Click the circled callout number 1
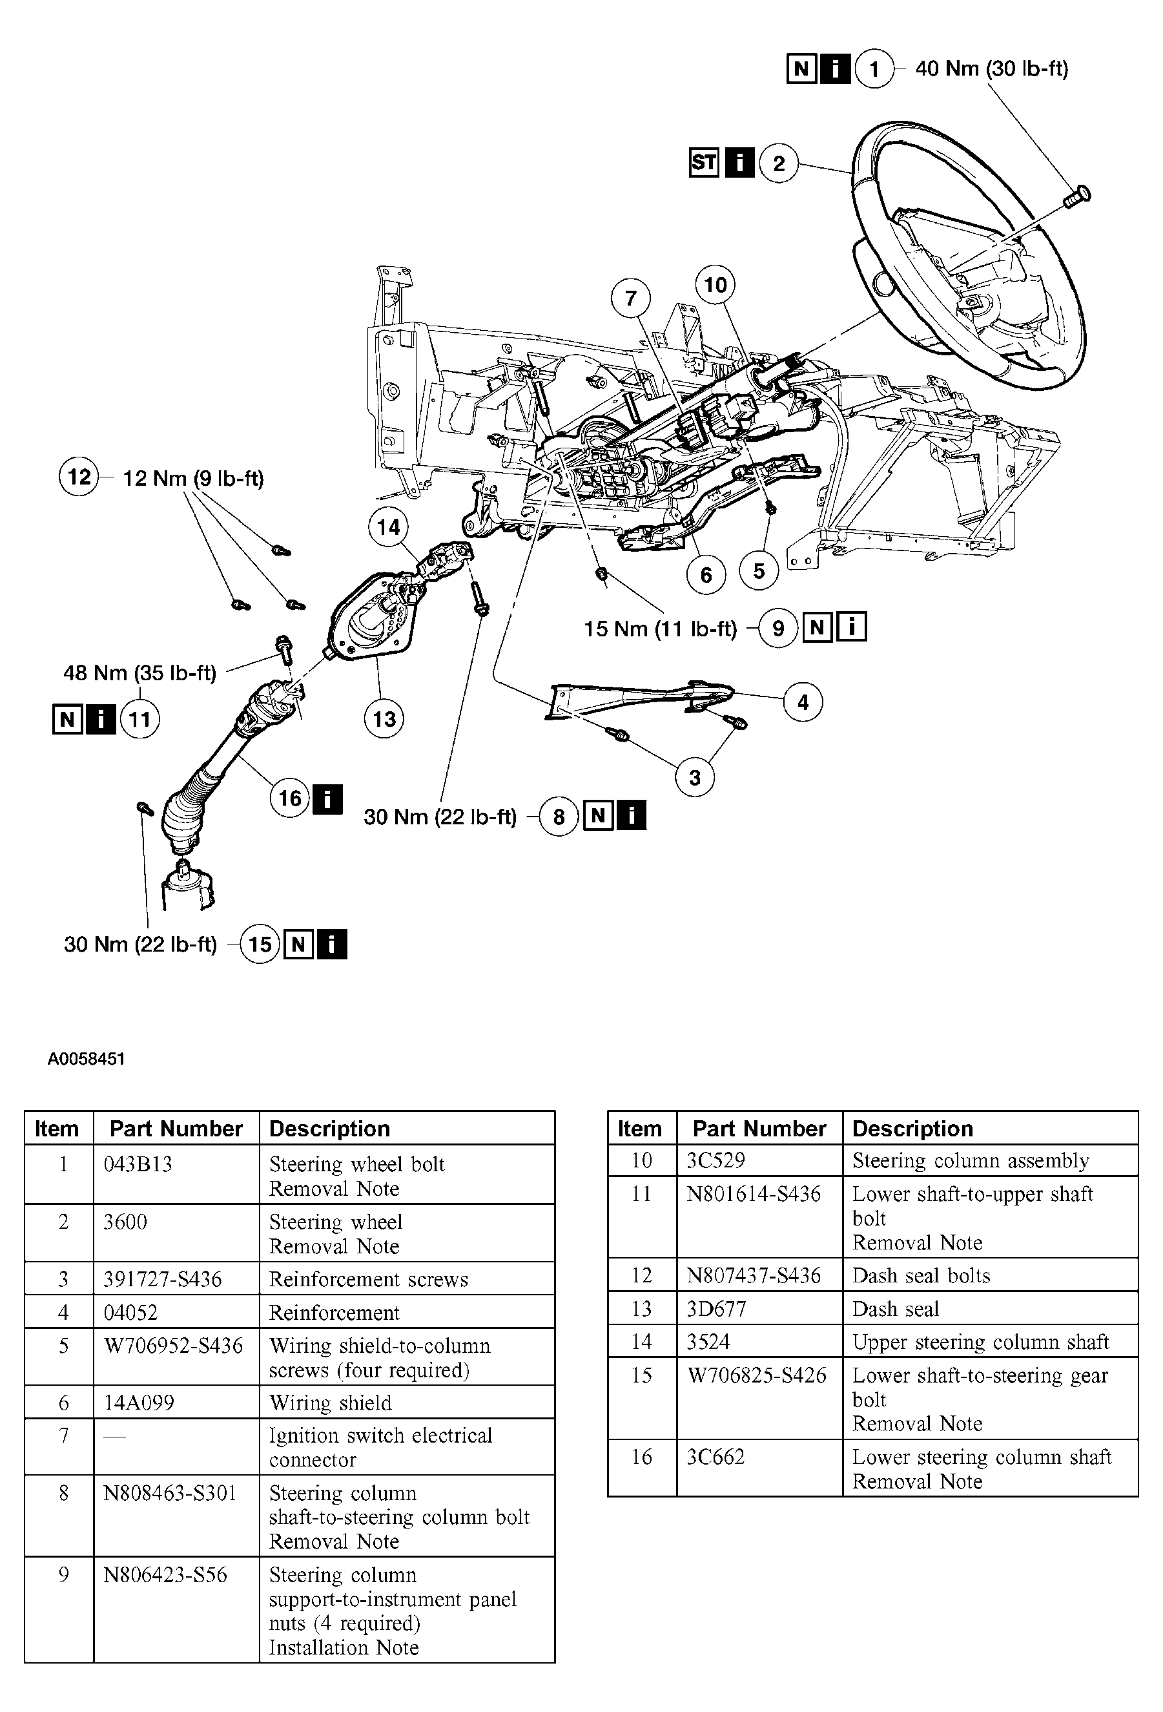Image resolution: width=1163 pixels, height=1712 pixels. [x=874, y=69]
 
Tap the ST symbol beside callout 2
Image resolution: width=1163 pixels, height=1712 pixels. [x=703, y=162]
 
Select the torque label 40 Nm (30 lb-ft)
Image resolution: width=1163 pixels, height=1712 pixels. [x=991, y=68]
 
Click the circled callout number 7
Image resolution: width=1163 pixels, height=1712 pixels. [x=630, y=298]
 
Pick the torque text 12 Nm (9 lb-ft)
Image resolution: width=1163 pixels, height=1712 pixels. [x=193, y=479]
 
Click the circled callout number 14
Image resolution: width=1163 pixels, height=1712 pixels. [x=388, y=527]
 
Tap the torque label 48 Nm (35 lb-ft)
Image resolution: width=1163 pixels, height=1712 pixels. [x=140, y=673]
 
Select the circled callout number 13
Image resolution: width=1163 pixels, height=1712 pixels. [x=384, y=719]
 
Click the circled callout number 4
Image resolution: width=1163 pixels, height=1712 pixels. [x=802, y=702]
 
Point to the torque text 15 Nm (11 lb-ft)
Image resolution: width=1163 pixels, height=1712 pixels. [x=660, y=629]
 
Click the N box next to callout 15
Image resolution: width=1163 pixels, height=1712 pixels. [x=298, y=945]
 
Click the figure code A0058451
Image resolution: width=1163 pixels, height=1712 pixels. [x=86, y=1060]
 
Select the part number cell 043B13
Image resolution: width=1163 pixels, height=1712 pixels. [x=138, y=1165]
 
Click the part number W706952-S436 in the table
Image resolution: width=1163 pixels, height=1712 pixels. [x=173, y=1346]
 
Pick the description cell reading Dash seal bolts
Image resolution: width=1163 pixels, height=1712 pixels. [x=921, y=1275]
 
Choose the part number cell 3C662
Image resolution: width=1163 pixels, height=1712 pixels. [x=715, y=1456]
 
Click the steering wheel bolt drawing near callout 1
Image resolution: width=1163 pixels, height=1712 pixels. [x=1077, y=196]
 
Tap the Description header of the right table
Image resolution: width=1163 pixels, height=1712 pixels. [x=912, y=1129]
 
